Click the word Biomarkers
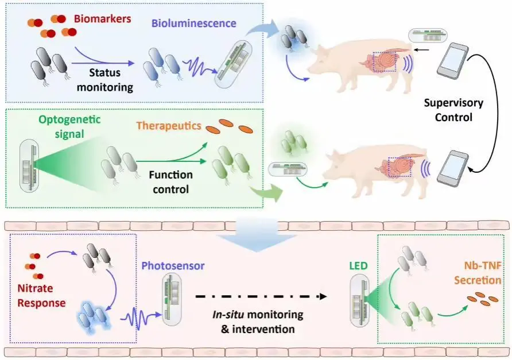(102, 18)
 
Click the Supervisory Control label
(452, 111)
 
